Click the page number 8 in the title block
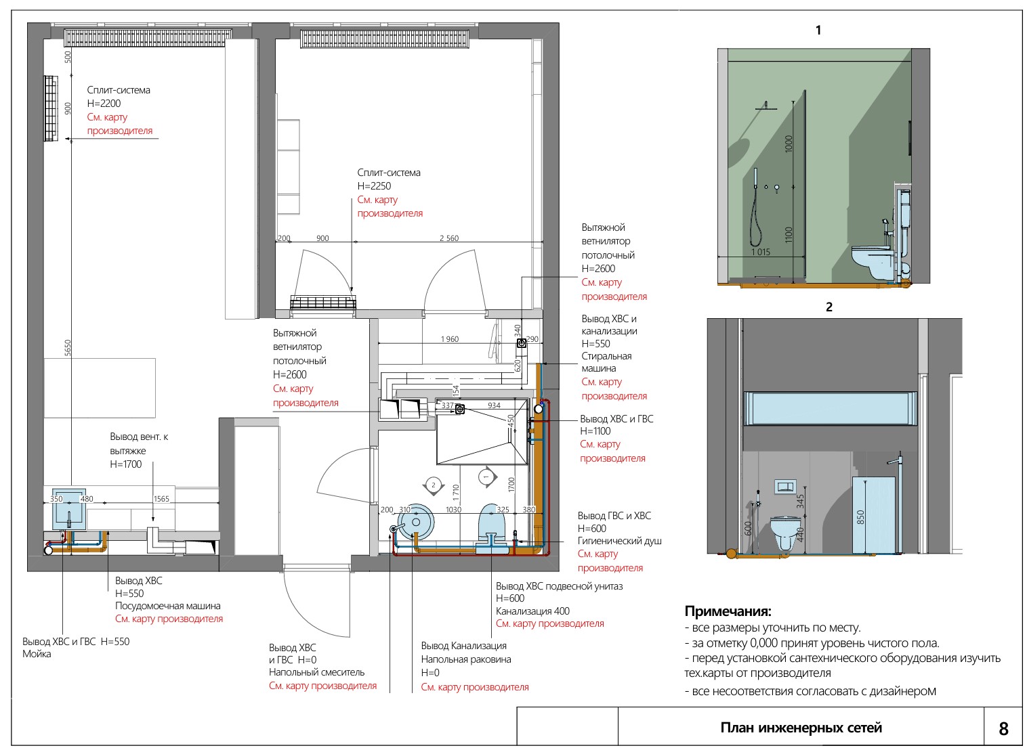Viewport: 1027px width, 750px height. (1003, 728)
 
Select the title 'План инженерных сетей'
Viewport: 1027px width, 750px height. (801, 728)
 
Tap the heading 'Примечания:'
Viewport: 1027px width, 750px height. (728, 611)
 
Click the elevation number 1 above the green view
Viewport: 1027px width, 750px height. (818, 30)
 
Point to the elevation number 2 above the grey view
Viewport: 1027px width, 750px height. (829, 307)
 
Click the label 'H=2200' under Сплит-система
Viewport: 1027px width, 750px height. (104, 104)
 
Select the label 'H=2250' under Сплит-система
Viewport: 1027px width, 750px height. (374, 186)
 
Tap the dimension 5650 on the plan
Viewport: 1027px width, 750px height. (68, 348)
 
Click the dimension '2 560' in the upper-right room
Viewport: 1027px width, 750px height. (449, 238)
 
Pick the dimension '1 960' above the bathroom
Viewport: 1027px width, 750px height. (450, 339)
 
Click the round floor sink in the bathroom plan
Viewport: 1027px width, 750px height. (415, 522)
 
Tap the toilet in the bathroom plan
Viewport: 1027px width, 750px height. (492, 525)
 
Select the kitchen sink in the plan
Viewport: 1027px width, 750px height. (68, 508)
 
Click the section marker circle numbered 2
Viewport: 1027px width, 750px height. (434, 485)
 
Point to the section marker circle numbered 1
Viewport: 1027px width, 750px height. (486, 477)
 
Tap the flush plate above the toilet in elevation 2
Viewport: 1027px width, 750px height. (784, 487)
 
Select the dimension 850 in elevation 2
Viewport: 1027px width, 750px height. (860, 516)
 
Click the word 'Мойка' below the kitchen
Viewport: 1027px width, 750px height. (37, 654)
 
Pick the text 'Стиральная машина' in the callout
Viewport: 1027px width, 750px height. (606, 362)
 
